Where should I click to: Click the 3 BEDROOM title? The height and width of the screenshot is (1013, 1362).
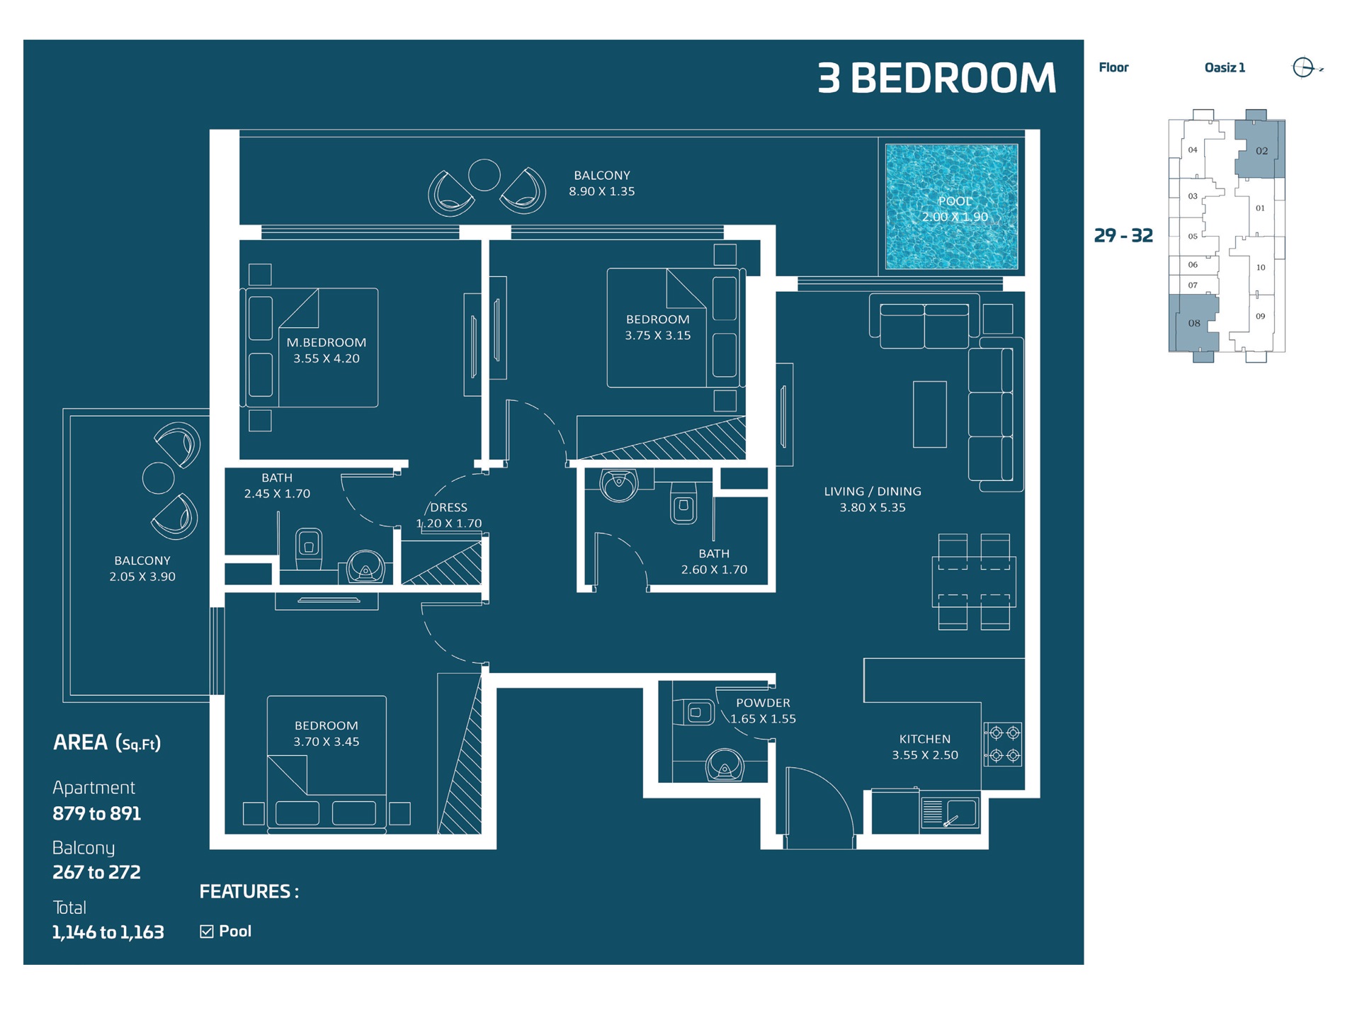(x=936, y=78)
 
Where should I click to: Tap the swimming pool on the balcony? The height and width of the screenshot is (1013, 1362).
(x=951, y=207)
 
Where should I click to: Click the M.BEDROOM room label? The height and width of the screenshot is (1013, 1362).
(x=326, y=342)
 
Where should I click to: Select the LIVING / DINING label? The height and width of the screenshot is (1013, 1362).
(x=872, y=491)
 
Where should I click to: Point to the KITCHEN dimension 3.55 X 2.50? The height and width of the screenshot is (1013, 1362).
(x=924, y=755)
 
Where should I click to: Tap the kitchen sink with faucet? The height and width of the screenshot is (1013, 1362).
(x=949, y=813)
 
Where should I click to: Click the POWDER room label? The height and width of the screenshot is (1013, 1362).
(x=762, y=703)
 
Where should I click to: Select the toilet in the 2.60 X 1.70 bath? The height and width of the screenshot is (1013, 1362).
(x=683, y=504)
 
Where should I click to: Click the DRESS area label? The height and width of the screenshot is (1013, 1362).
(x=448, y=507)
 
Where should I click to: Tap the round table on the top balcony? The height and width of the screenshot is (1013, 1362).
(x=484, y=175)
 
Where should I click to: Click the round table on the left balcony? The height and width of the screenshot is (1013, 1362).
(x=159, y=478)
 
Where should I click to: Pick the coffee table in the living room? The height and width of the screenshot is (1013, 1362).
(x=929, y=414)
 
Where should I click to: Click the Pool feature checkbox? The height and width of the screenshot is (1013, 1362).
(x=207, y=932)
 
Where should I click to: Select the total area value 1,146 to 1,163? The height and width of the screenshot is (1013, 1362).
(x=108, y=932)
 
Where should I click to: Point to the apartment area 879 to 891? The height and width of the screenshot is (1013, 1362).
(x=97, y=813)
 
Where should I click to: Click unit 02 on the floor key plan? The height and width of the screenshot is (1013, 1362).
(x=1261, y=150)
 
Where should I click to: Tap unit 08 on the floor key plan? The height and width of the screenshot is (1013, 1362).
(x=1193, y=323)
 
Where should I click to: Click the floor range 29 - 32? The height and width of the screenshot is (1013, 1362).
(x=1123, y=235)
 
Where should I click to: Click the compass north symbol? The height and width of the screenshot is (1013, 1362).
(x=1304, y=68)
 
